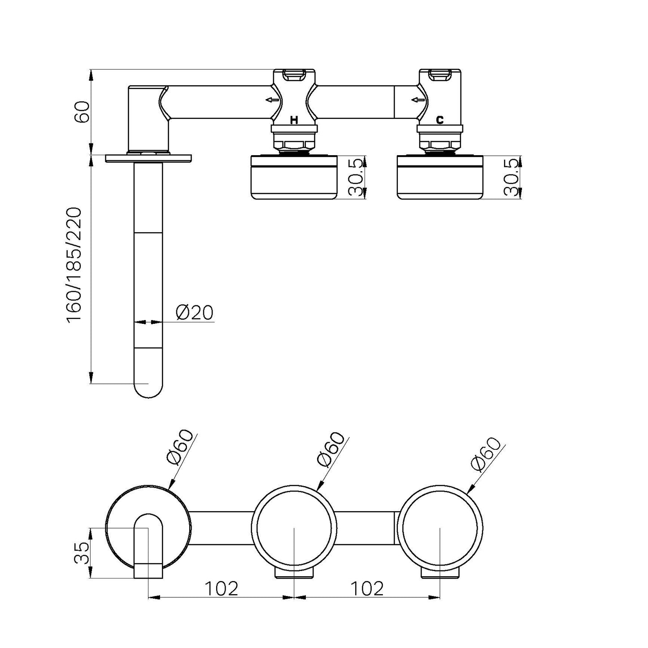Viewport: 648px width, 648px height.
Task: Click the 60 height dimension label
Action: (x=82, y=112)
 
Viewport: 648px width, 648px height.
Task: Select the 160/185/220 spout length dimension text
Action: (x=74, y=265)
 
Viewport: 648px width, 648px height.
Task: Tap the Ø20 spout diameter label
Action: (x=194, y=313)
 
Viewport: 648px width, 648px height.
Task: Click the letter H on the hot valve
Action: (x=294, y=120)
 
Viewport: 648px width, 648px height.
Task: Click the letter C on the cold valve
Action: (x=439, y=120)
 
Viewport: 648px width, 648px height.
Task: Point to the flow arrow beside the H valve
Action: (x=272, y=100)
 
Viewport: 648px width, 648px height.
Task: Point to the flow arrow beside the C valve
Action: (x=418, y=100)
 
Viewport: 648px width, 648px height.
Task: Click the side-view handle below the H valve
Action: (x=294, y=179)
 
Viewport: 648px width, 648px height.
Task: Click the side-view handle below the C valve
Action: (x=440, y=179)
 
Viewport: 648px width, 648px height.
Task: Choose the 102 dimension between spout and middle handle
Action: (x=222, y=588)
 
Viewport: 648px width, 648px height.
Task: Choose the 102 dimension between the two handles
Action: (x=367, y=588)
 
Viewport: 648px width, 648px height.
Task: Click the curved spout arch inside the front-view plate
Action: (x=148, y=520)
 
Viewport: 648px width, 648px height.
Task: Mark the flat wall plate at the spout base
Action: (x=148, y=158)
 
